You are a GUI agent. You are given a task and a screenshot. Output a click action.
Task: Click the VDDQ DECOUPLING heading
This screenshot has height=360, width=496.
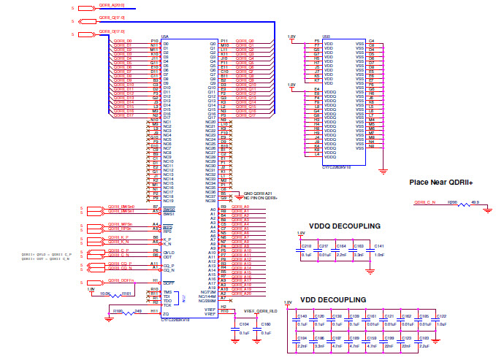345,226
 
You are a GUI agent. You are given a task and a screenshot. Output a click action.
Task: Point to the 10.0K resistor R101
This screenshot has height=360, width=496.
126,293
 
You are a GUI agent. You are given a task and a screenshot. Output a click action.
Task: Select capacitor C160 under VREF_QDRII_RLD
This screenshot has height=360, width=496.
265,326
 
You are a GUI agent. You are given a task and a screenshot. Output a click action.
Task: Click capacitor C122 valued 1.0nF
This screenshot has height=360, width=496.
440,320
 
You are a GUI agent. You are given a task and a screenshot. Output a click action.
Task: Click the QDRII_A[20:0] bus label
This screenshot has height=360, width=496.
110,6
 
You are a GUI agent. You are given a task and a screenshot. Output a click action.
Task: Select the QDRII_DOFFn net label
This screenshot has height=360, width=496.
121,280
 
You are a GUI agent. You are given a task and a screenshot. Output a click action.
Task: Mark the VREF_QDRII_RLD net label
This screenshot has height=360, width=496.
253,311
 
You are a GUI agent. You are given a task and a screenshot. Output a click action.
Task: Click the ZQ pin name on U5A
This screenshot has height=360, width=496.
166,314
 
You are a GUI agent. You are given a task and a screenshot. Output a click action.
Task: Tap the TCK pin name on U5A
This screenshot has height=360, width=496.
167,305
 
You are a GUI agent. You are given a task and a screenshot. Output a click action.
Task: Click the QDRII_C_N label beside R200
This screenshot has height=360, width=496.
425,202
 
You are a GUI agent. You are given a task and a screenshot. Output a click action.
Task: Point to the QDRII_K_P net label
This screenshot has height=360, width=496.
118,237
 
